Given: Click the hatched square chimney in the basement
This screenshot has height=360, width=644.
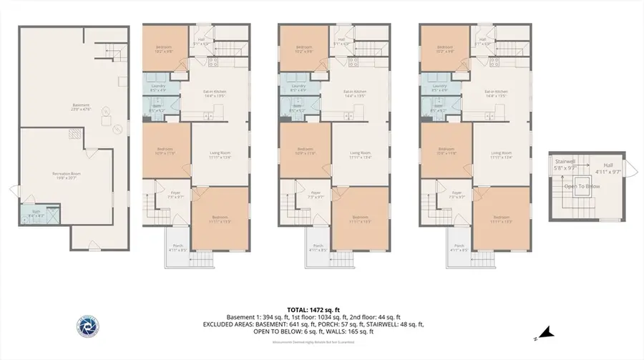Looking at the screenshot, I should tap(73, 134).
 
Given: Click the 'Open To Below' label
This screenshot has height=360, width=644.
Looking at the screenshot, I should tap(582, 186).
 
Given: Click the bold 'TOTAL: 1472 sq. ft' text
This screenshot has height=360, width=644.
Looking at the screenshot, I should tap(321, 309).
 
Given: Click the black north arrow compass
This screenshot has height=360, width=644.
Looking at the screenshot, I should tap(547, 331).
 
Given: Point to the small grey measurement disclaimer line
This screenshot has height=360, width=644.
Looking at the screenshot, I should tap(321, 342).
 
